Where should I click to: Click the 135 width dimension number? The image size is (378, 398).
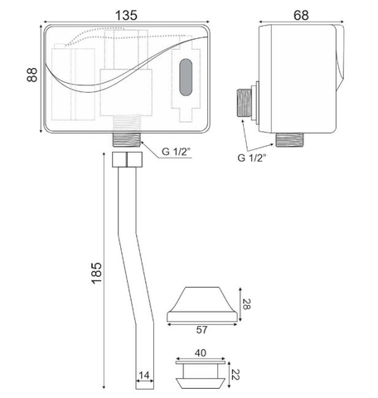(126, 15)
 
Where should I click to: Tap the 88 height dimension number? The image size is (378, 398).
(32, 75)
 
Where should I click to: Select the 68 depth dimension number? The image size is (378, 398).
(301, 15)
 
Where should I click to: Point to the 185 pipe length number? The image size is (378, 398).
(96, 273)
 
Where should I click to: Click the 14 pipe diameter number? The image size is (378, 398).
(144, 375)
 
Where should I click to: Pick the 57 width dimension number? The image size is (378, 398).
(201, 330)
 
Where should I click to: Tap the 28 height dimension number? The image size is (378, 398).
(246, 304)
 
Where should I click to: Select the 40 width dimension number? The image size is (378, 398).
(201, 353)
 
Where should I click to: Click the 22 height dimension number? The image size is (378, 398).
(235, 375)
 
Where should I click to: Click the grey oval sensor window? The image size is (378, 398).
(186, 77)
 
